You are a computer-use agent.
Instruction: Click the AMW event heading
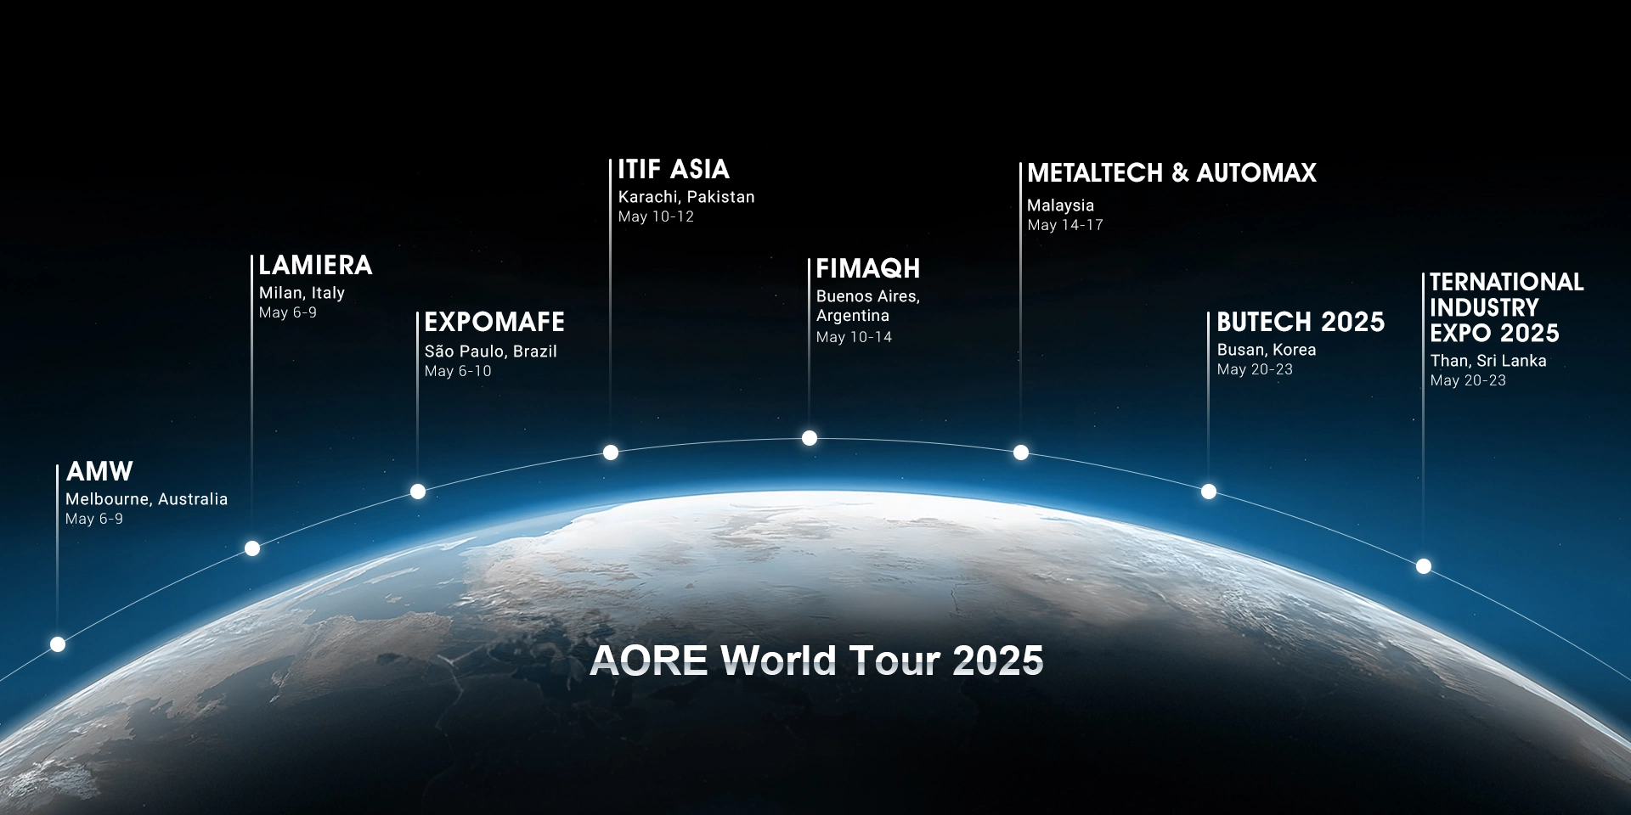click(99, 471)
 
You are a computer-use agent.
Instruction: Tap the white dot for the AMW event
click(58, 644)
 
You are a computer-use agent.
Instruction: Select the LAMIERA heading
click(315, 265)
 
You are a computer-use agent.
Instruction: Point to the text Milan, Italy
click(302, 293)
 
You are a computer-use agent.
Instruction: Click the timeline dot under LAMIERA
click(252, 548)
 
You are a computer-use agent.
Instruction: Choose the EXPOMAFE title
click(494, 322)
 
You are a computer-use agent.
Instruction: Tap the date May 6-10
click(458, 371)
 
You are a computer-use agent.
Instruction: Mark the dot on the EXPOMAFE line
click(418, 492)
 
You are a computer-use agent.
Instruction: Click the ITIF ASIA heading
click(674, 169)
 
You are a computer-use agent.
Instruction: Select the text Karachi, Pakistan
click(686, 197)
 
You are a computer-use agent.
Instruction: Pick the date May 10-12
click(656, 216)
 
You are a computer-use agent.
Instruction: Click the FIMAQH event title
click(868, 268)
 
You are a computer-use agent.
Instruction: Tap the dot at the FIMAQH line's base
click(810, 438)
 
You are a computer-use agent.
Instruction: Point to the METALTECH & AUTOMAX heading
click(1171, 173)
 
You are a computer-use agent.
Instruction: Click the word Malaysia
click(1060, 205)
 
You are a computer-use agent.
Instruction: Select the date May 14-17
click(1065, 225)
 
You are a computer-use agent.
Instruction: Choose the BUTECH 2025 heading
click(1301, 322)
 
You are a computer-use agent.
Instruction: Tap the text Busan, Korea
click(1267, 350)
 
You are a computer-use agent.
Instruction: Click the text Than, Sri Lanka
click(1488, 361)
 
